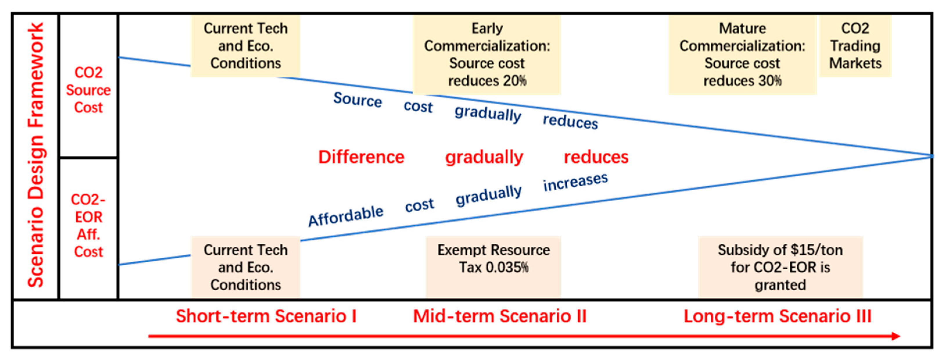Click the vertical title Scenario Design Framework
tap(36, 155)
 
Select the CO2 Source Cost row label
tap(88, 90)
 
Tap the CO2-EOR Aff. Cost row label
tap(88, 225)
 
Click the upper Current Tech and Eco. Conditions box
tap(245, 46)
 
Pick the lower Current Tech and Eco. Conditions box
tap(245, 267)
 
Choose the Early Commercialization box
tap(487, 55)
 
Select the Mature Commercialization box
tap(742, 55)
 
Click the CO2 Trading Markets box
tap(855, 46)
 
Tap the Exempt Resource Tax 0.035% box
tap(493, 267)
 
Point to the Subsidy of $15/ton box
tap(780, 267)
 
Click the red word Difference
tap(361, 157)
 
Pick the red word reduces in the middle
tap(596, 157)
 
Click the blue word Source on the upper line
tap(358, 100)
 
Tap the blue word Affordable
tap(346, 216)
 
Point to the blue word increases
tap(575, 182)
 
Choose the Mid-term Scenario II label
tap(500, 316)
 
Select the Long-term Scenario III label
tap(778, 316)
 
